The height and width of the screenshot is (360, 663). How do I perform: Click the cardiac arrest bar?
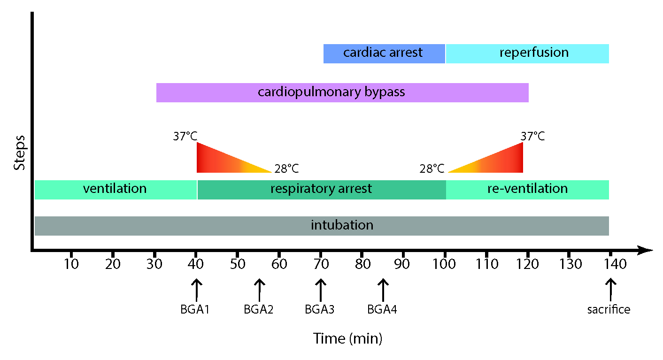pyautogui.click(x=384, y=53)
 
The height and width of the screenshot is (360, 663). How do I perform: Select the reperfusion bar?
pyautogui.click(x=527, y=53)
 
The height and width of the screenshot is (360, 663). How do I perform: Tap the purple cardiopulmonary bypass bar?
pyautogui.click(x=342, y=92)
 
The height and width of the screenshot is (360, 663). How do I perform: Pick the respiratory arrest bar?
pyautogui.click(x=321, y=190)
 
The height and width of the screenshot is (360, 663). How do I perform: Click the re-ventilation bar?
pyautogui.click(x=527, y=190)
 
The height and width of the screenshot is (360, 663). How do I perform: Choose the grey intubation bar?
pyautogui.click(x=322, y=226)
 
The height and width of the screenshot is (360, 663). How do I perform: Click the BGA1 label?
pyautogui.click(x=194, y=309)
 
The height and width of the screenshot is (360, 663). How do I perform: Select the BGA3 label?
pyautogui.click(x=319, y=309)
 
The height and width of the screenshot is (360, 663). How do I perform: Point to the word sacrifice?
pyautogui.click(x=609, y=309)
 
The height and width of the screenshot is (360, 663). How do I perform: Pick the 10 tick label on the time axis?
pyautogui.click(x=71, y=264)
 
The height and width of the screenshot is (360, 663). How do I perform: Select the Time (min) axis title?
pyautogui.click(x=347, y=338)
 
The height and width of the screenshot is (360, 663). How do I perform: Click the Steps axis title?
pyautogui.click(x=19, y=153)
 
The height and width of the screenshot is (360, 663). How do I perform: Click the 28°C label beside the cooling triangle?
pyautogui.click(x=286, y=168)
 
